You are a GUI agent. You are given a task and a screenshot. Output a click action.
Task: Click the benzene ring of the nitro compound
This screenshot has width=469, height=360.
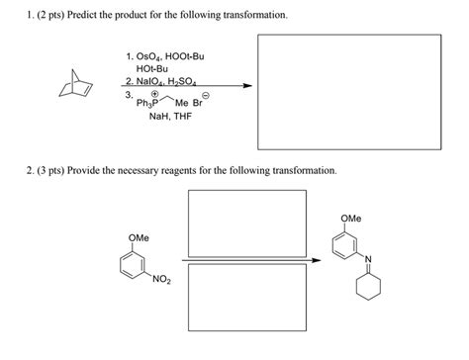[135, 266]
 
